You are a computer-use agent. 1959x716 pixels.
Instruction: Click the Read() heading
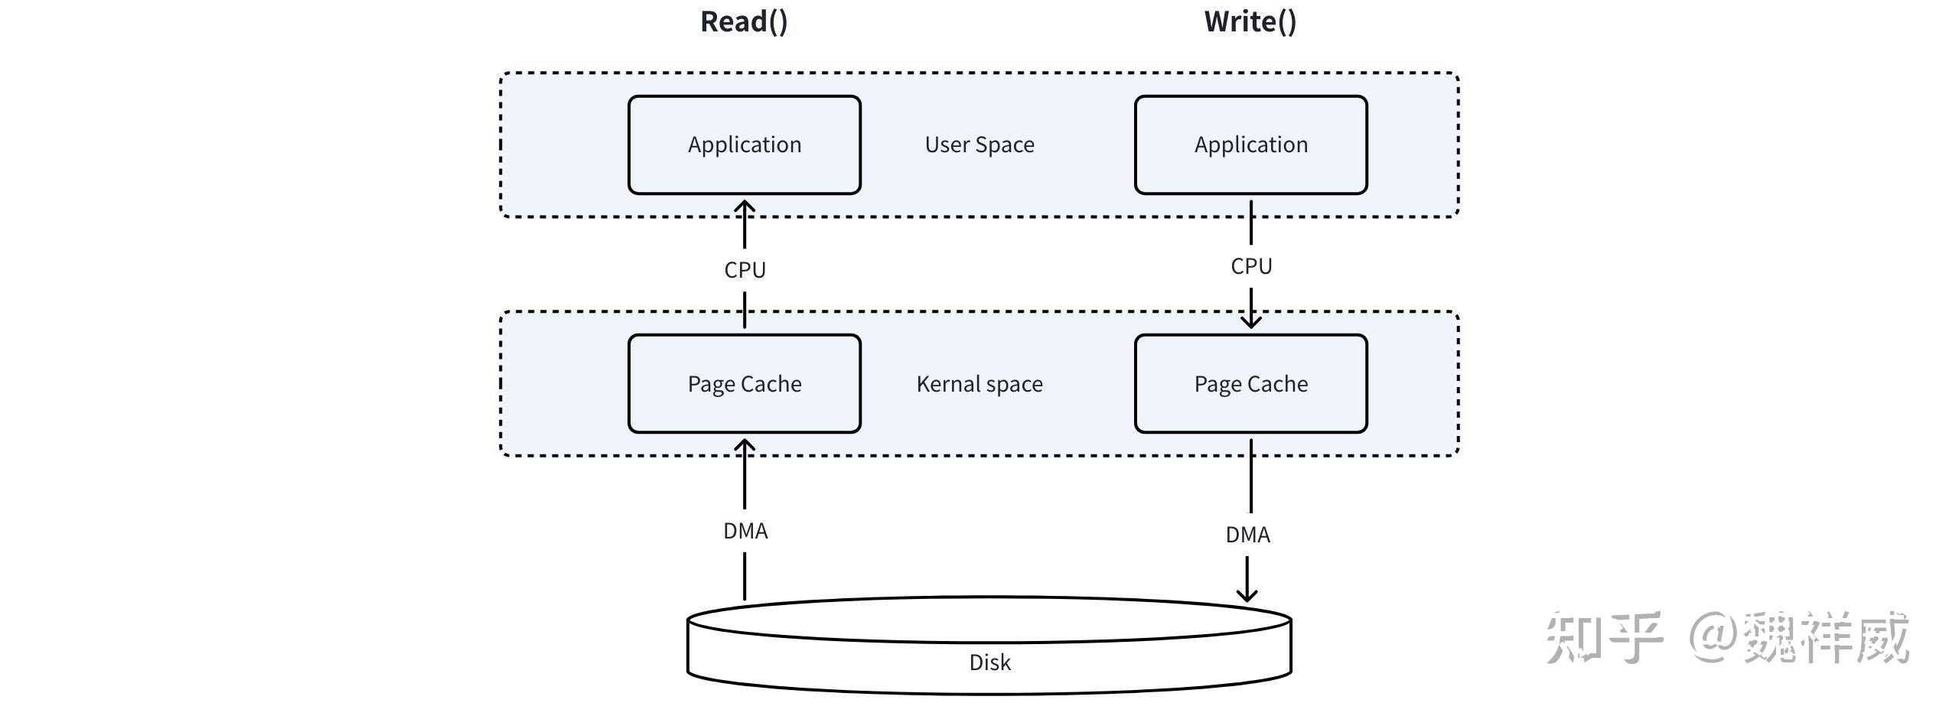click(x=744, y=21)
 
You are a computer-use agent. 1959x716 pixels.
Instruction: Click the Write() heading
click(x=1250, y=21)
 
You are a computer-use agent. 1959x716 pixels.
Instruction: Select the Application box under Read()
click(x=744, y=145)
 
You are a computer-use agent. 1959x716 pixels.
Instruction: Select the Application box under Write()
click(x=1250, y=145)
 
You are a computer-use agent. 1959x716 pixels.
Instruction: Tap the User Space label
click(x=979, y=145)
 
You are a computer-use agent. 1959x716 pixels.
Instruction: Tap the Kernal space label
click(x=979, y=384)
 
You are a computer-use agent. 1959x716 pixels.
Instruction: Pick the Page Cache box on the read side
click(x=744, y=384)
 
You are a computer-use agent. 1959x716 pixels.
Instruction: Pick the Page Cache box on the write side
click(x=1250, y=384)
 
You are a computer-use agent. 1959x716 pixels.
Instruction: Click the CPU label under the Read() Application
click(x=745, y=270)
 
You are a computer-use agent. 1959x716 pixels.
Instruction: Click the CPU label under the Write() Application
click(x=1251, y=266)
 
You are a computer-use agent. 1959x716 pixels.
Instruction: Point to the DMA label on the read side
click(x=745, y=531)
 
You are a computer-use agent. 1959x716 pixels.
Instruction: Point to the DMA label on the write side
click(x=1247, y=535)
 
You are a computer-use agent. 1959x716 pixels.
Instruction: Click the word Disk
click(x=989, y=662)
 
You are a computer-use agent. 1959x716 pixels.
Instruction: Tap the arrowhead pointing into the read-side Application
click(x=745, y=207)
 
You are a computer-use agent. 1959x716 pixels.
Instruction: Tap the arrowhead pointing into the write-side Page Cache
click(x=1251, y=321)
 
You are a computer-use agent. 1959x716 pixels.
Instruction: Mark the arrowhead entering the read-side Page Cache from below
click(x=745, y=445)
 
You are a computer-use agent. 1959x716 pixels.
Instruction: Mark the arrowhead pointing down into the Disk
click(x=1247, y=594)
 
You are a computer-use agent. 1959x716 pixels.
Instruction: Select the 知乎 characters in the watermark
click(x=1604, y=636)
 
